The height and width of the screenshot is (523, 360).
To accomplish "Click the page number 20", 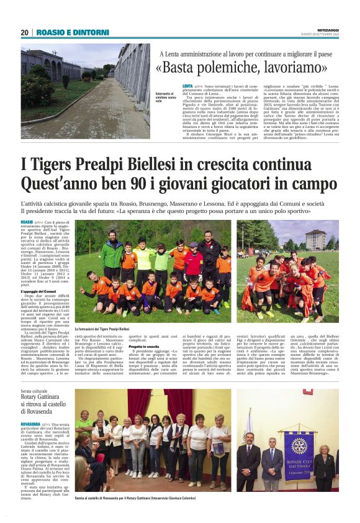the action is (x=24, y=32).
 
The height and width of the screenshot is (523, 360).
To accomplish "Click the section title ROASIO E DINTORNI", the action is (x=64, y=32).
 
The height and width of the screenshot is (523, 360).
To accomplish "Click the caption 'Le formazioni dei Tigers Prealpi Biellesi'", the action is (x=102, y=329).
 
